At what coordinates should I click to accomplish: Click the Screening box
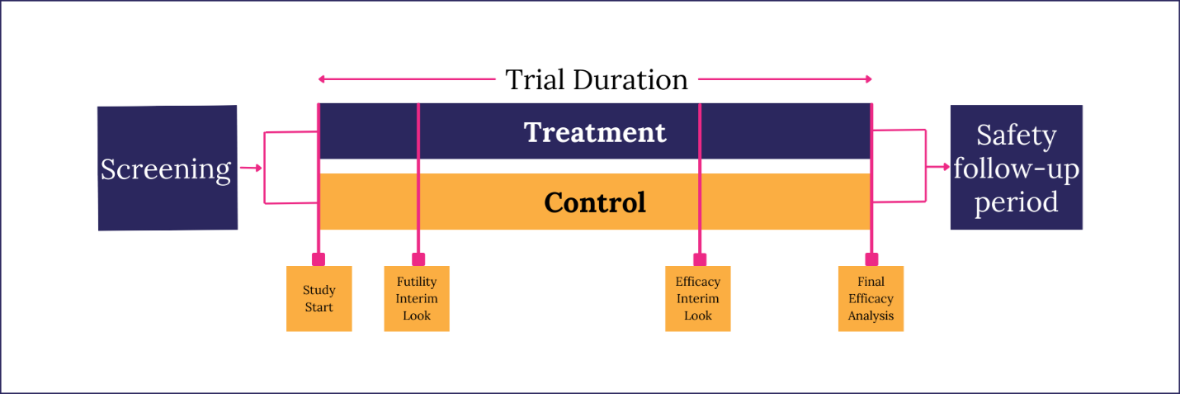coord(167,168)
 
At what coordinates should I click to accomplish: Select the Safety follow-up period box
coord(1016,167)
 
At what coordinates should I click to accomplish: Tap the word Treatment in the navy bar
coord(595,132)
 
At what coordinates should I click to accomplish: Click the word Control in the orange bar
coord(595,202)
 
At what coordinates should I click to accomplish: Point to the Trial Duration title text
coord(596,79)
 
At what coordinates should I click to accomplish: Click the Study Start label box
coord(319,299)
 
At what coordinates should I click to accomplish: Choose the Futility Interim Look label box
coord(417,299)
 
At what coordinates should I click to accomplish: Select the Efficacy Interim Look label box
coord(698,299)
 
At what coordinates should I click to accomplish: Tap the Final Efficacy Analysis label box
coord(871,299)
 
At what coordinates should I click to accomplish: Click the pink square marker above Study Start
coord(319,259)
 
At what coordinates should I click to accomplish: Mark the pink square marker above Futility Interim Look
coord(418,259)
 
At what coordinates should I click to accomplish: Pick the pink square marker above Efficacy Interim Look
coord(700,259)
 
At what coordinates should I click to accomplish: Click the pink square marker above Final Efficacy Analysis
coord(871,259)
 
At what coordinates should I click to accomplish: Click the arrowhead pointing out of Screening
coord(258,168)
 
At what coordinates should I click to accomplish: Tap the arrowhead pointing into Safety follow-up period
coord(945,167)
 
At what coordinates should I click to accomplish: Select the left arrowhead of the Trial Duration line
coord(323,79)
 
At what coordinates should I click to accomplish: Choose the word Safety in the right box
coord(1016,135)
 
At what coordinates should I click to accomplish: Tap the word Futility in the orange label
coord(417,282)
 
